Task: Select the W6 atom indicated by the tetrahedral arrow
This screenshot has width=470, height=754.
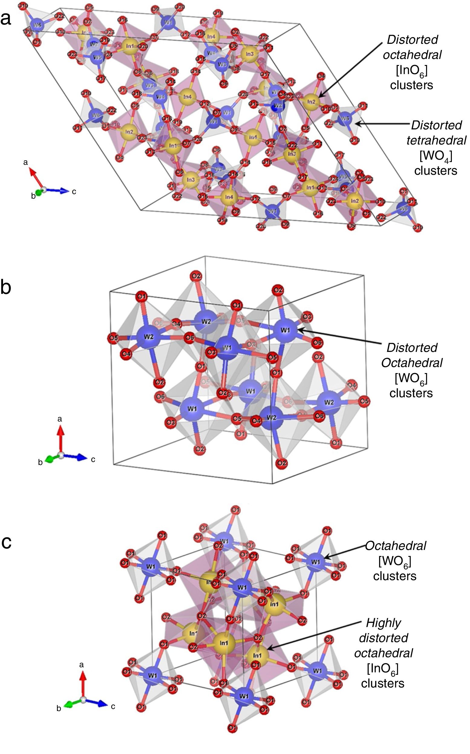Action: (345, 119)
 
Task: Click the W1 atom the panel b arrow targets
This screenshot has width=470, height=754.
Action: (285, 330)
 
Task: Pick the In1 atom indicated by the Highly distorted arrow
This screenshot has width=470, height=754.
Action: (257, 655)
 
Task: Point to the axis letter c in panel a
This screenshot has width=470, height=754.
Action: (74, 192)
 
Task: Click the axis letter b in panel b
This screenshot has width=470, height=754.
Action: (40, 462)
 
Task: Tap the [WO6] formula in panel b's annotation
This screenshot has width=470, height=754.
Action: (411, 378)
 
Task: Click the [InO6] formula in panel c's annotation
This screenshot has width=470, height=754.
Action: (383, 668)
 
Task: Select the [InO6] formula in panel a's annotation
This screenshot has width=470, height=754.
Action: (412, 70)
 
